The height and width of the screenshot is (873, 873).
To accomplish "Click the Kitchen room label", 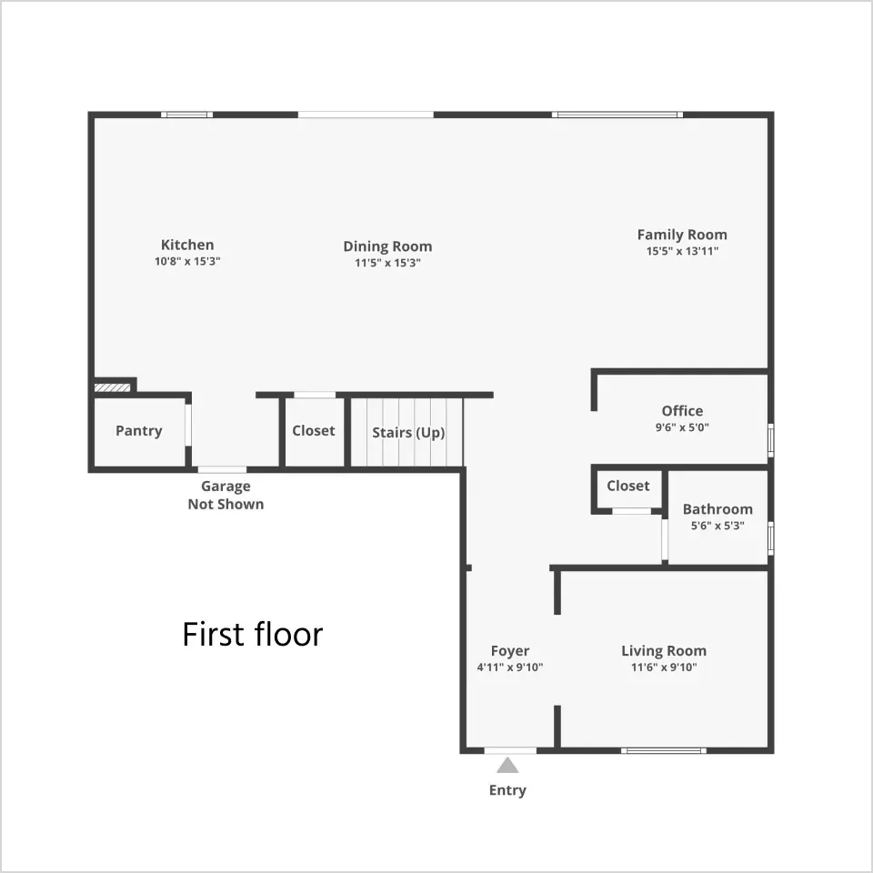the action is coord(187,245).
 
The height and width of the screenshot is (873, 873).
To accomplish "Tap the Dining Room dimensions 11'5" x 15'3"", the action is coord(387,263).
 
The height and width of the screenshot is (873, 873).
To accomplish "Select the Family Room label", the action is coord(682,235).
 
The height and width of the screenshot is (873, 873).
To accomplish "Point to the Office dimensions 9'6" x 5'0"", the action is coord(682,427).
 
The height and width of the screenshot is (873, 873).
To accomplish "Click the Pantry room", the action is coord(139,431).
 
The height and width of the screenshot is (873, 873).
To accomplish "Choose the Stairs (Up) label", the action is coord(408,433).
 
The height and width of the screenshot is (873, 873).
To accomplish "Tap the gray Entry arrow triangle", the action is coord(507,766).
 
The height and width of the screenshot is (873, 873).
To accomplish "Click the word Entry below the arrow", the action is coord(507,790).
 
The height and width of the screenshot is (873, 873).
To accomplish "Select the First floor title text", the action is coord(252,634).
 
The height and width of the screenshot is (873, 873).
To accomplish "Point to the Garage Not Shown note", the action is coord(226,495).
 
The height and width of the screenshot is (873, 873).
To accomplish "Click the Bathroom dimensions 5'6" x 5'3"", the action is coord(717,526).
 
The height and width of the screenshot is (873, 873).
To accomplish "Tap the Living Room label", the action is coord(664,651).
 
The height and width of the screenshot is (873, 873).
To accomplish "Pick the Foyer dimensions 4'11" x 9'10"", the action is coord(509,667).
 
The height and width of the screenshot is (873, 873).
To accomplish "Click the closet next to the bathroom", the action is coord(628,488).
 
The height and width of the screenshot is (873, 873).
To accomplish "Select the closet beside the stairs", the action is coord(314,432).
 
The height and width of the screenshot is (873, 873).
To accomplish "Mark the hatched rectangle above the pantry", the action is coord(113,387).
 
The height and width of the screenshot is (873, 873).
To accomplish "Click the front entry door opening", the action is coord(510,750).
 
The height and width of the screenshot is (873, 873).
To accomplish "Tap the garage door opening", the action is coord(222,469).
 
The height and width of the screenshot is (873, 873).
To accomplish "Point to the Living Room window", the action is coord(664,750).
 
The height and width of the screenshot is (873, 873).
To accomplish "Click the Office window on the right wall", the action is coord(771,440).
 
